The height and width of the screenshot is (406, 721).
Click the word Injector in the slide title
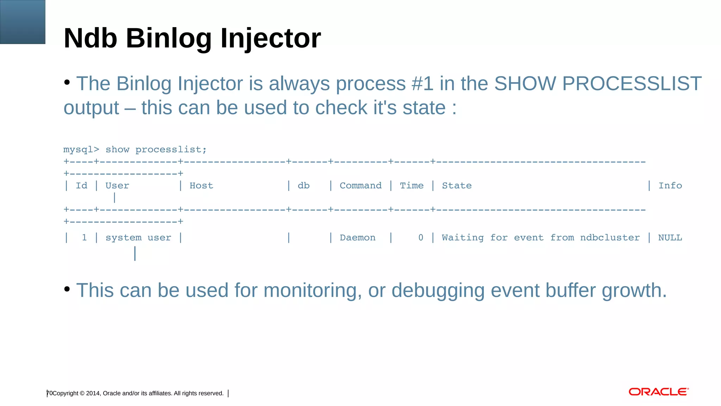270,38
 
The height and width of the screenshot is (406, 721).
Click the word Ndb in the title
90,38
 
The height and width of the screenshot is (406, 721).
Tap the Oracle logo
658,392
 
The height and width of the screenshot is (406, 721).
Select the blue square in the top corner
23,22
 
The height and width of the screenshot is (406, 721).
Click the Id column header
81,186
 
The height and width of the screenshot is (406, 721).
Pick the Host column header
201,186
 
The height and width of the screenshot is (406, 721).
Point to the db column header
303,186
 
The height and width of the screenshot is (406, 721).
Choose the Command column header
360,186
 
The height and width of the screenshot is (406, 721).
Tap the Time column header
412,186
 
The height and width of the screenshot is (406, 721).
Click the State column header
457,186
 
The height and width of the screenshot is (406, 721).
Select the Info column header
670,186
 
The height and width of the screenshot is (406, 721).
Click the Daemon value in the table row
357,238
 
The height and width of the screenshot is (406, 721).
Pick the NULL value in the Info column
670,238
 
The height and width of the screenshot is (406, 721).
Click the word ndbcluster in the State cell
610,238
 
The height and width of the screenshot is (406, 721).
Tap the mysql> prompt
81,150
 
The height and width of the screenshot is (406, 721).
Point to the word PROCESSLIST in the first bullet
632,84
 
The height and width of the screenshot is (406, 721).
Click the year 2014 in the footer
93,393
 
